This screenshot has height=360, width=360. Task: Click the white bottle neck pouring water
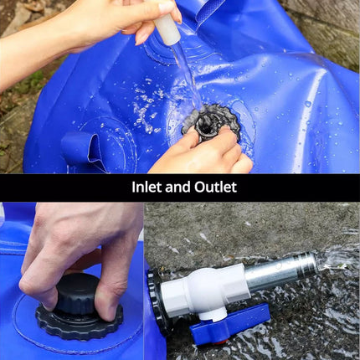point(167,30)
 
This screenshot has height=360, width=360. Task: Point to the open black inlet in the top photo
point(208,123)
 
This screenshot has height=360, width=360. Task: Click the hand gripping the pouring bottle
point(134,17)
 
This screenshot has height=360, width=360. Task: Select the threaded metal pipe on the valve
point(280,271)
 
